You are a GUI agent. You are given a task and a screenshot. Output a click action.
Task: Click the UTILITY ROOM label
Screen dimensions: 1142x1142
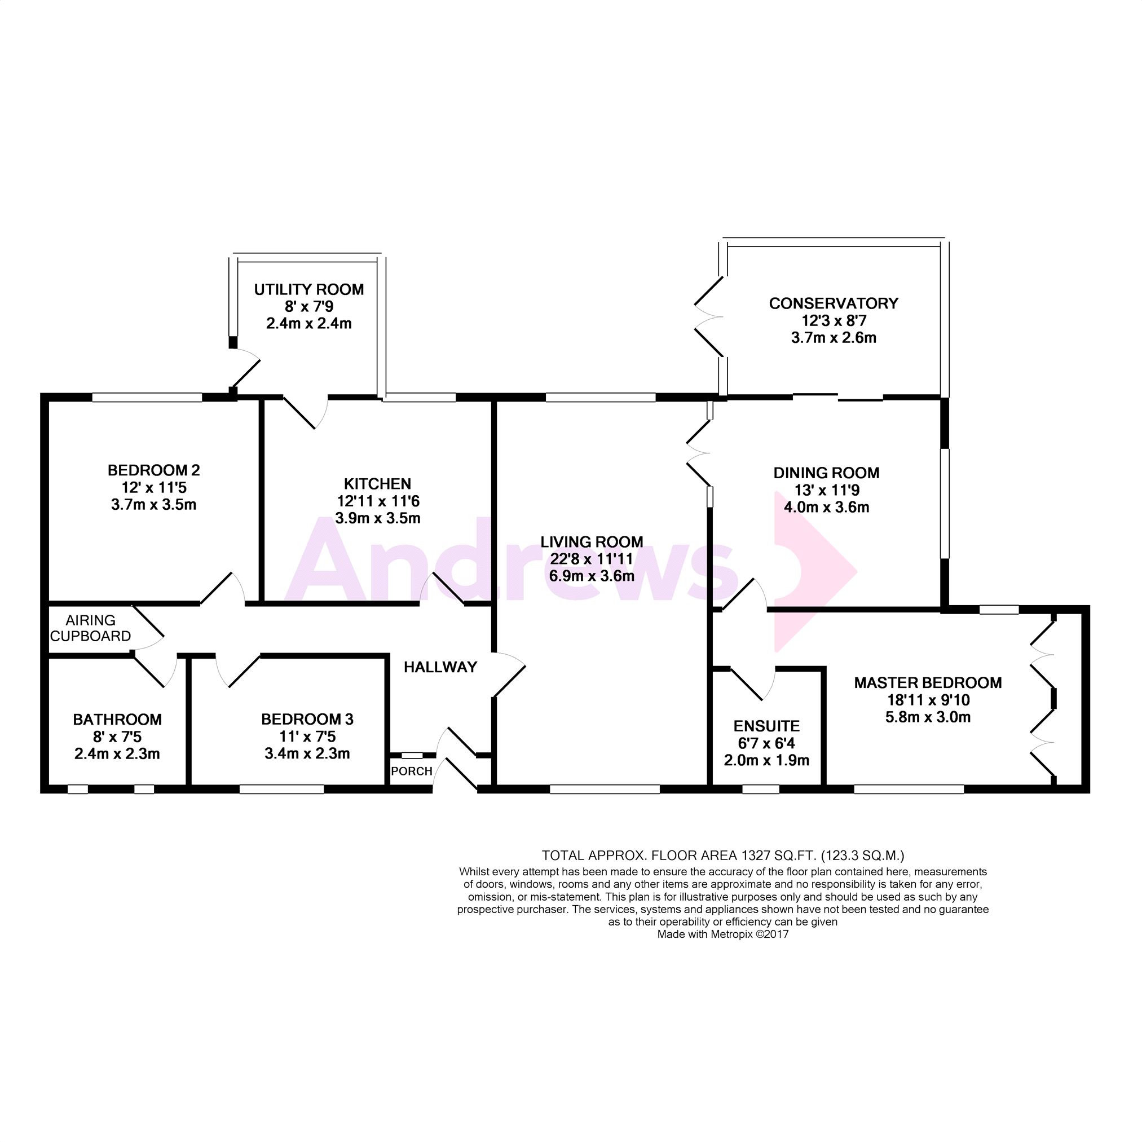coord(308,290)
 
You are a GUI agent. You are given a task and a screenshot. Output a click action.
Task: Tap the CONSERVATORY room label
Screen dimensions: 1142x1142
coord(834,303)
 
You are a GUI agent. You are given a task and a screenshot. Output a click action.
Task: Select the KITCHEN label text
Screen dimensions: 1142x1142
coord(378,484)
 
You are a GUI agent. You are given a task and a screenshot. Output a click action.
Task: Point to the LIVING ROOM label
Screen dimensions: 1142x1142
coord(592,542)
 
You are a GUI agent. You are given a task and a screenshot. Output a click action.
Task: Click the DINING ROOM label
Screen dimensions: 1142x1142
coord(826,473)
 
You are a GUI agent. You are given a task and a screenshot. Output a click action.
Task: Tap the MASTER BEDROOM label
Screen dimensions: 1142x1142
coord(928,683)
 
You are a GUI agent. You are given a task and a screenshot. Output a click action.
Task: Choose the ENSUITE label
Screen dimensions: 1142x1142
coord(766,726)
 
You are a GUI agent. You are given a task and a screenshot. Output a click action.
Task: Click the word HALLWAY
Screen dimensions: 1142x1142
coord(440,667)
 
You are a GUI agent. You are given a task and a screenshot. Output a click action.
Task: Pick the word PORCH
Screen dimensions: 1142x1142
coord(412,771)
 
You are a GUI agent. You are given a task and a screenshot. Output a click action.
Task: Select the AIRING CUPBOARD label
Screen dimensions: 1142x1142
coord(90,628)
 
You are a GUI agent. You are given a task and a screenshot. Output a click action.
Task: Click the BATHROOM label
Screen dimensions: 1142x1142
coord(117,720)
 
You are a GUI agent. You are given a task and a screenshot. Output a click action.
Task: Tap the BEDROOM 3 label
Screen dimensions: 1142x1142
coord(307,720)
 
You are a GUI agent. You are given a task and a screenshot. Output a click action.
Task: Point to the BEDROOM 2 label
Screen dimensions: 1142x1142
coord(154,470)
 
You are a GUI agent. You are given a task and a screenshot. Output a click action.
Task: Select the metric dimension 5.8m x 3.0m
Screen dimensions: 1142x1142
coord(928,717)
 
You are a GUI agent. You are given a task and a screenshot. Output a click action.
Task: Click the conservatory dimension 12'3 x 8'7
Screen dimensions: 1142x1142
coord(834,320)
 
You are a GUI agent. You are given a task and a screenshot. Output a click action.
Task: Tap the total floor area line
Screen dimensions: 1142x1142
coord(723,856)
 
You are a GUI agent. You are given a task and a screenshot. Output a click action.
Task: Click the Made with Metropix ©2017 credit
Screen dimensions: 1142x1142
coord(723,934)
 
